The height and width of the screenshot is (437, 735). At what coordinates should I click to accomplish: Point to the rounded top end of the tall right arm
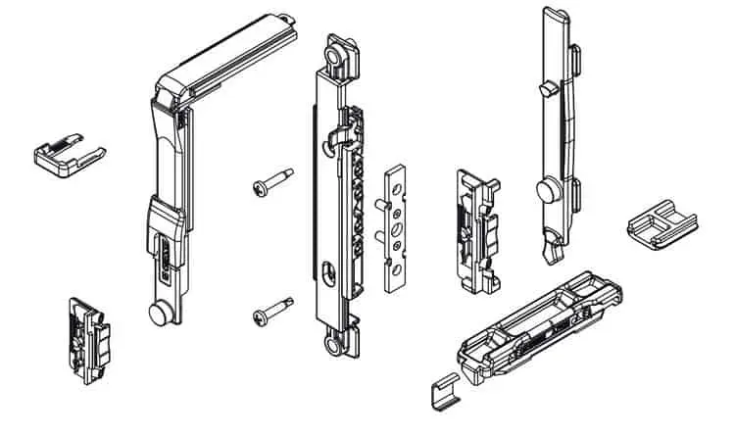(x=553, y=17)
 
